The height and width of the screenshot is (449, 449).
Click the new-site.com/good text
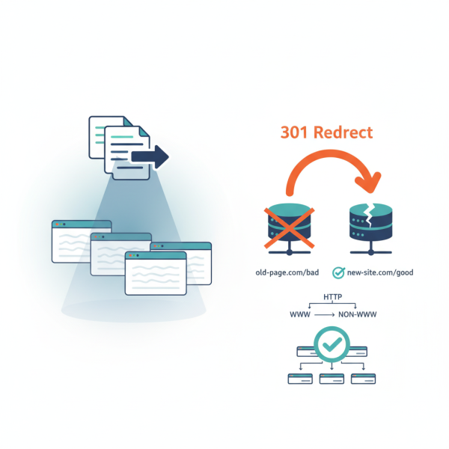pyautogui.click(x=379, y=272)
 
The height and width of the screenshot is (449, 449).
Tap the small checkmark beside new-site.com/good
pyautogui.click(x=338, y=272)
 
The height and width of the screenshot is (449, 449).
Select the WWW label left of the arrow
pyautogui.click(x=299, y=315)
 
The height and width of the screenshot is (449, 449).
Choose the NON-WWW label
pyautogui.click(x=358, y=315)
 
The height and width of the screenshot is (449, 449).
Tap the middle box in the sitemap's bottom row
pyautogui.click(x=332, y=379)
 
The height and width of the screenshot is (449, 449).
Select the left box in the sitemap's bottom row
pyautogui.click(x=300, y=379)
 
